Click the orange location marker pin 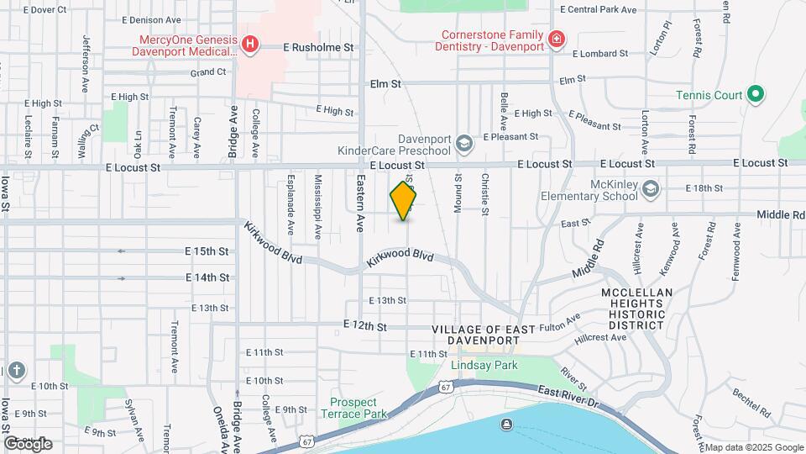404,200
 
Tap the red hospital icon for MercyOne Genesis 249,44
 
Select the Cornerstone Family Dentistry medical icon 555,39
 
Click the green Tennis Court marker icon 755,95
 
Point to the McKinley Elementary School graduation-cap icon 650,190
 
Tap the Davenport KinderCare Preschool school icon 464,145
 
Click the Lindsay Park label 484,365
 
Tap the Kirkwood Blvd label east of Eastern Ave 400,258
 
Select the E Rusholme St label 319,48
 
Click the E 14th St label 207,277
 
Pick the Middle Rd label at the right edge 780,215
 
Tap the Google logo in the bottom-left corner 28,443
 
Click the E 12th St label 365,325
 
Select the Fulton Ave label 560,324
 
